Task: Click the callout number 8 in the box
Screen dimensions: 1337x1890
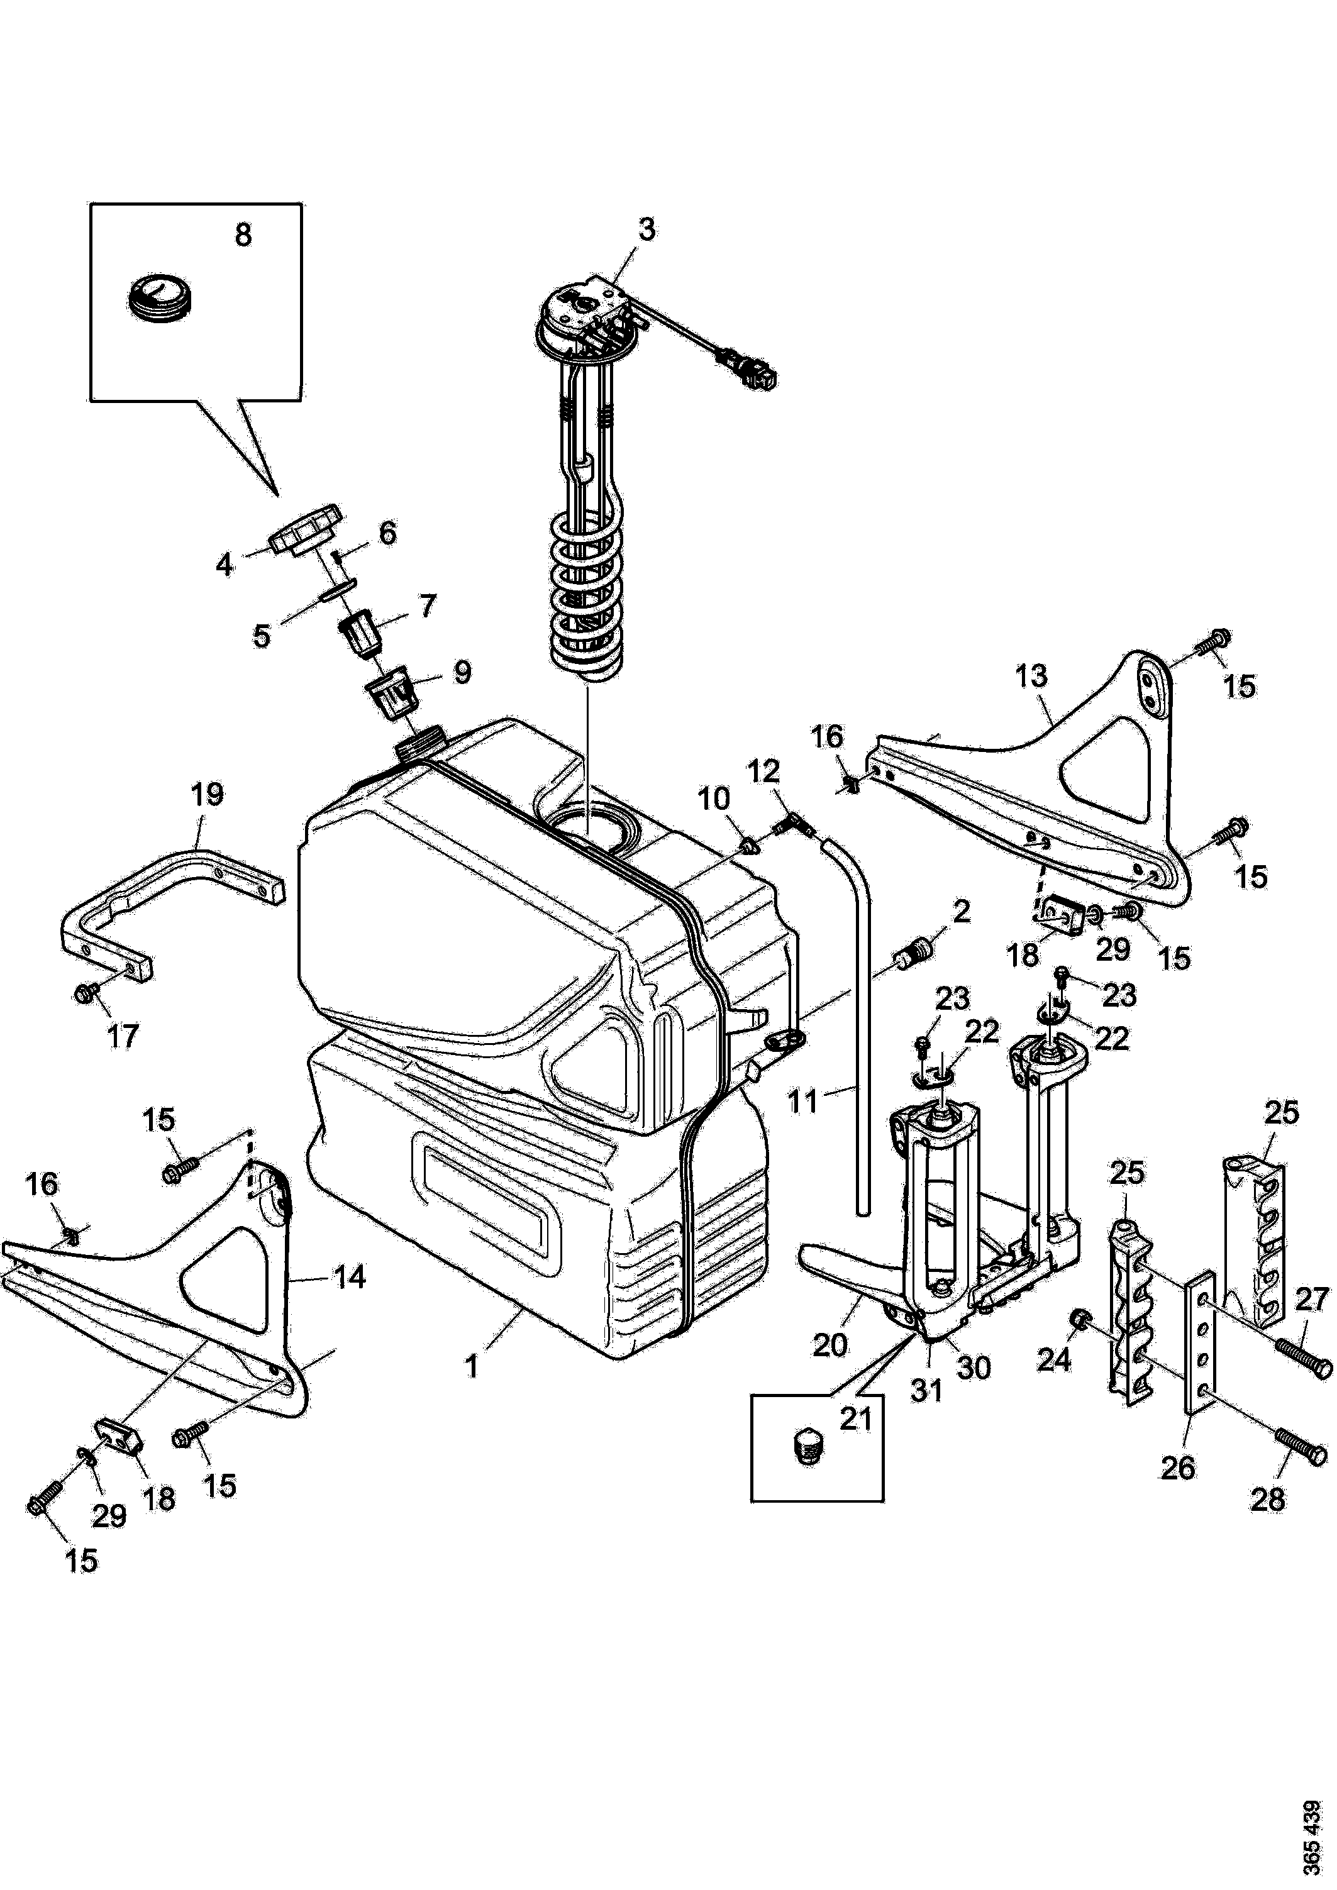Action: tap(243, 235)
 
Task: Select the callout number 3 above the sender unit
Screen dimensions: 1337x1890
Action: tap(647, 231)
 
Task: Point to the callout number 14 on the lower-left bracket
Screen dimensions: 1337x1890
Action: tap(349, 1277)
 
